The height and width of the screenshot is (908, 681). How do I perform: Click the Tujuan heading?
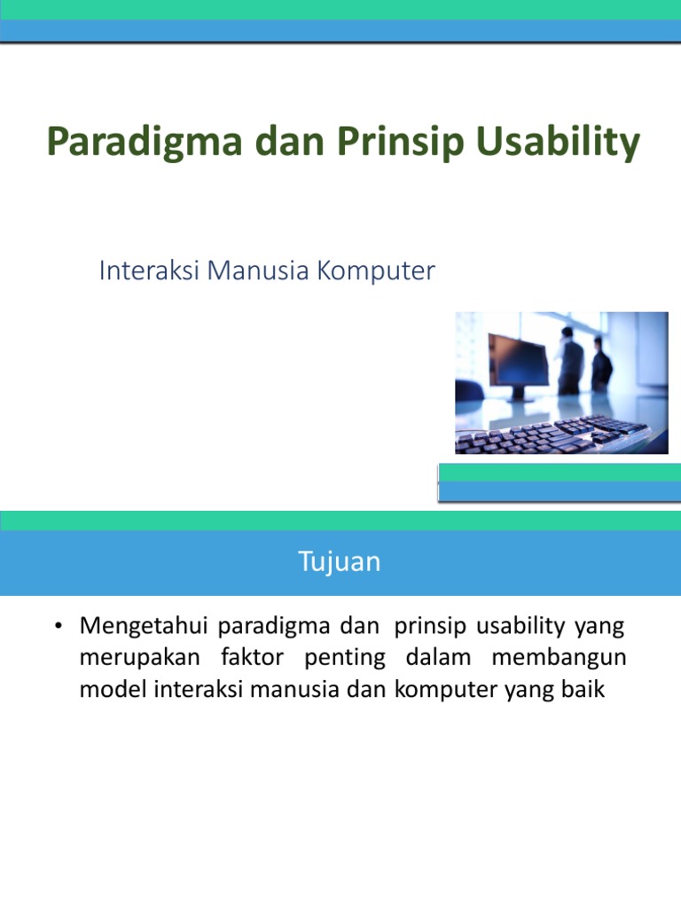click(x=340, y=562)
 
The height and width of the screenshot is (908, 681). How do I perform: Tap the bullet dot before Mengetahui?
click(x=59, y=628)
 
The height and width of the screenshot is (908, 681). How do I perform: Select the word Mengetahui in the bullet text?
click(x=144, y=628)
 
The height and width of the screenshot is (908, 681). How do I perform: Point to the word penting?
click(x=348, y=659)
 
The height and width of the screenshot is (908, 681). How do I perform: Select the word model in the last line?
click(x=106, y=690)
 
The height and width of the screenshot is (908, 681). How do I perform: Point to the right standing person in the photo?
click(x=602, y=364)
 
